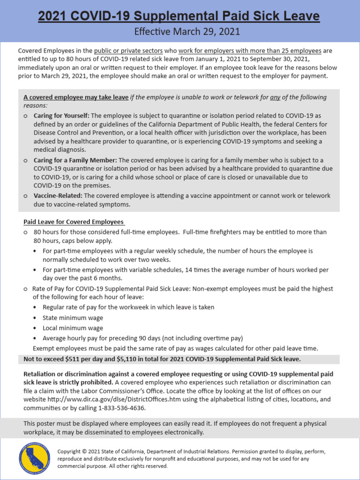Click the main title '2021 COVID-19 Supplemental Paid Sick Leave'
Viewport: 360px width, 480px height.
tap(179, 17)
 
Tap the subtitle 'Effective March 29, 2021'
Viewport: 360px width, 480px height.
tap(187, 32)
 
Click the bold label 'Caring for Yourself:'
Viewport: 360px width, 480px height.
tap(61, 115)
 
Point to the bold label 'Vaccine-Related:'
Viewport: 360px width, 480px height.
tap(58, 195)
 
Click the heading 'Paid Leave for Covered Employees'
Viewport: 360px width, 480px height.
tap(74, 222)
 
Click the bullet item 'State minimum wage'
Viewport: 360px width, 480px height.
tap(73, 318)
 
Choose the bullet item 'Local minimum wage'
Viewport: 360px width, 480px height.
tap(73, 328)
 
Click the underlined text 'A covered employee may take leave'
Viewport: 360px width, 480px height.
tap(76, 97)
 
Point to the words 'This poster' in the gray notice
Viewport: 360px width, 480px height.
tap(40, 423)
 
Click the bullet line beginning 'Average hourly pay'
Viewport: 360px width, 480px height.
tap(142, 338)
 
